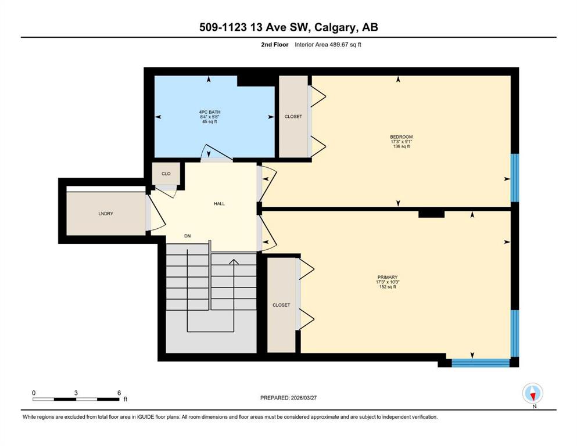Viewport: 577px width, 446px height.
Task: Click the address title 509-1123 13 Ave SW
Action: (x=288, y=27)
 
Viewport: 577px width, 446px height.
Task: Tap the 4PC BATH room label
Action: (x=209, y=112)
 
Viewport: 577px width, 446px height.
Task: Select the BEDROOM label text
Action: (x=401, y=137)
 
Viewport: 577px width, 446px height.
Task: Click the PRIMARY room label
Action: (x=386, y=277)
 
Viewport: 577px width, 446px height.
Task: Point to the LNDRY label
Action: (x=105, y=214)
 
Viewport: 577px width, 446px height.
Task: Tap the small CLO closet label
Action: (x=166, y=174)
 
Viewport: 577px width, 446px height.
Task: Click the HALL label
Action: (x=218, y=203)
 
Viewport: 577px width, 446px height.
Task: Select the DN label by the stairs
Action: (x=187, y=236)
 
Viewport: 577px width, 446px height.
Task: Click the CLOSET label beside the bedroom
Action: (x=293, y=117)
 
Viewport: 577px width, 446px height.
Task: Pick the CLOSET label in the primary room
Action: (x=281, y=305)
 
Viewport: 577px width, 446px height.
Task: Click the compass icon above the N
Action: (x=533, y=393)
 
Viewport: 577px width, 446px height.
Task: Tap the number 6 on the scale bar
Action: (x=119, y=393)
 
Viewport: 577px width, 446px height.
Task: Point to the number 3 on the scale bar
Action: (x=76, y=393)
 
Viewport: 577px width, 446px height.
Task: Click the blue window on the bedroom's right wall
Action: (x=514, y=178)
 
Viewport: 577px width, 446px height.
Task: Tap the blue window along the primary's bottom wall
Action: (x=480, y=364)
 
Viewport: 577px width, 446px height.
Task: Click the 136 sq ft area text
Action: (x=401, y=146)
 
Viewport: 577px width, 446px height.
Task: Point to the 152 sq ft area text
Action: (x=386, y=287)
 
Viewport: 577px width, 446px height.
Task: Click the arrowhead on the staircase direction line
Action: (x=234, y=262)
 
